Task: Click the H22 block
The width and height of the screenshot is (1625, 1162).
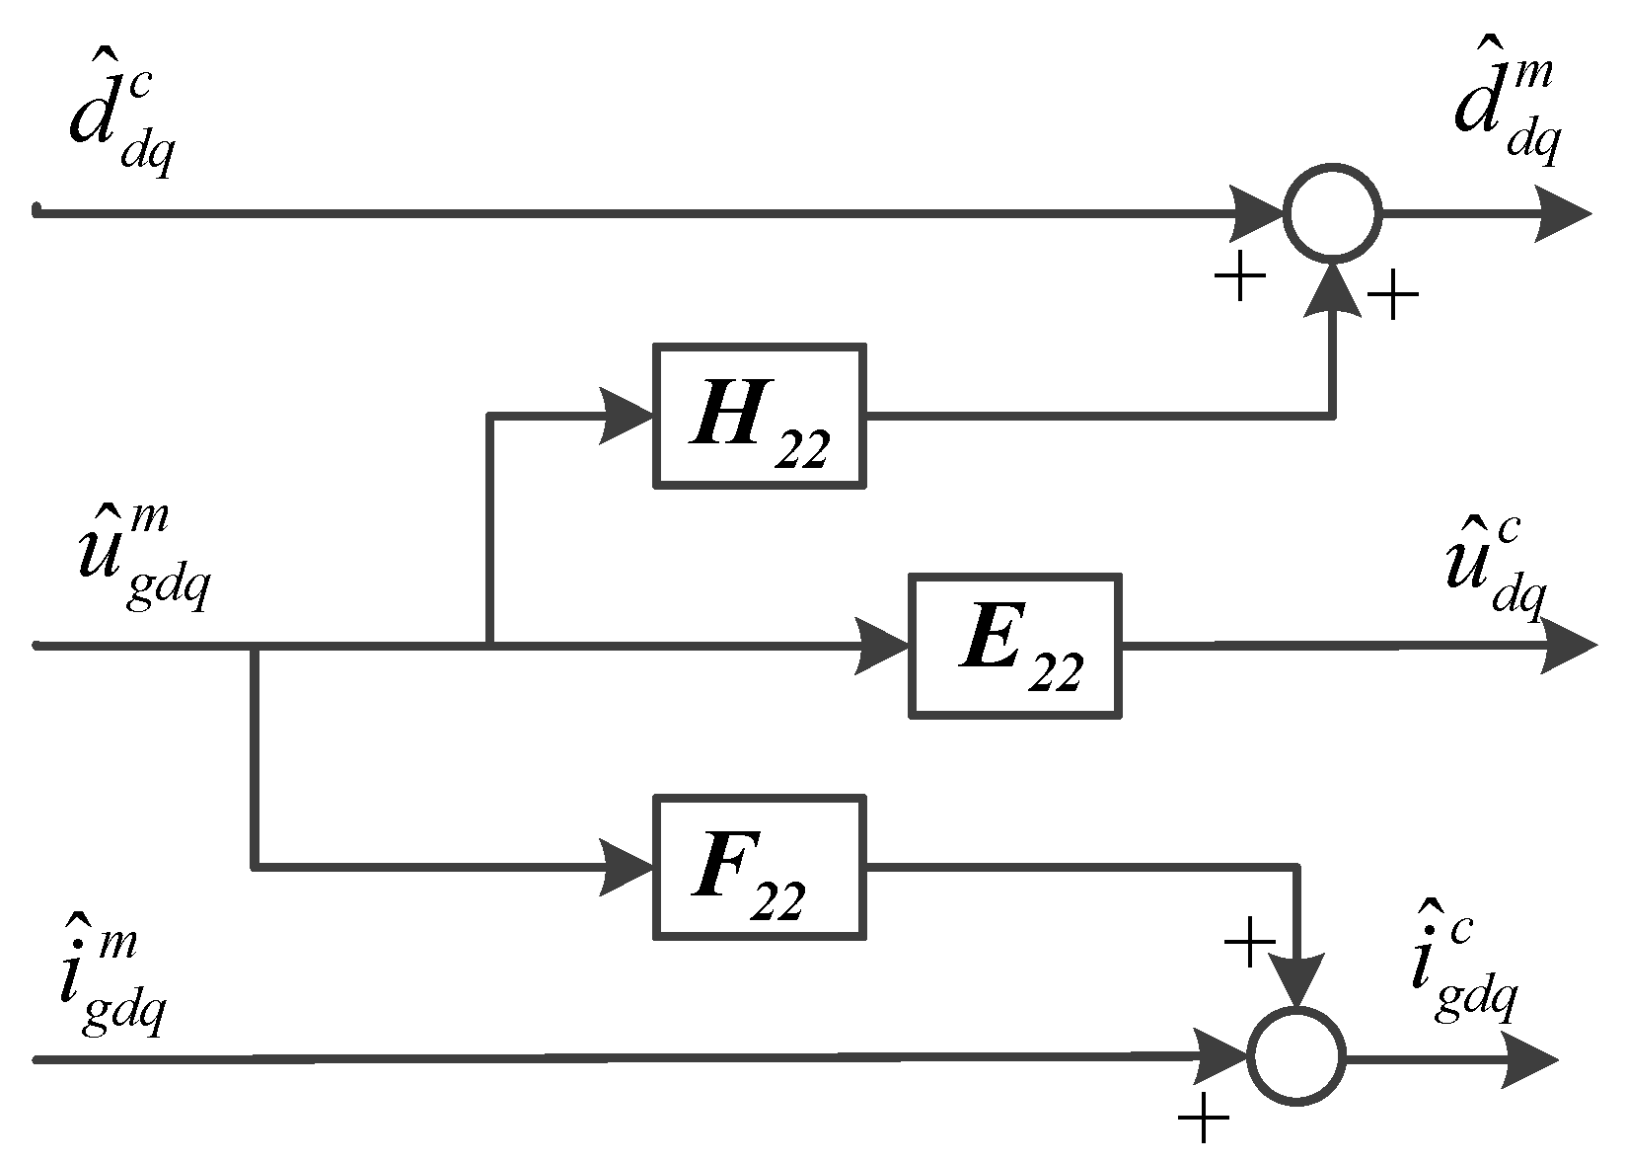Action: [759, 416]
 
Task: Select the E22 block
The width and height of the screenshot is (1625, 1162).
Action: [1015, 646]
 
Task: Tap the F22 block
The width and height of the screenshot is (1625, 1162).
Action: [759, 867]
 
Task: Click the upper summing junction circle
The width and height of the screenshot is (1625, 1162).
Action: [1332, 213]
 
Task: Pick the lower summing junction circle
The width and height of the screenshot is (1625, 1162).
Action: [1296, 1057]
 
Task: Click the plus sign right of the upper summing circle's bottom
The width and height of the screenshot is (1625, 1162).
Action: [1391, 295]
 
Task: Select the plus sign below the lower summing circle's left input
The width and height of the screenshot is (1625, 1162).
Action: [1204, 1120]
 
